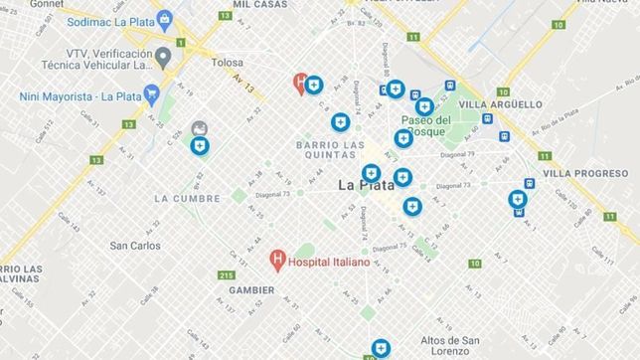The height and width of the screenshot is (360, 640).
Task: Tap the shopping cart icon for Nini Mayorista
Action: point(151,94)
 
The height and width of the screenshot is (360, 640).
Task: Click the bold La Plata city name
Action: point(369,184)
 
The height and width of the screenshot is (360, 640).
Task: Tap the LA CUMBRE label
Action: point(186,198)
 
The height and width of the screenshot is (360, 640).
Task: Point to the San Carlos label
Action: point(135,246)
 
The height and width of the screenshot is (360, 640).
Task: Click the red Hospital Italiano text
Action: point(329,263)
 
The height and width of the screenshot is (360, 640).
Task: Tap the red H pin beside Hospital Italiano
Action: point(278,262)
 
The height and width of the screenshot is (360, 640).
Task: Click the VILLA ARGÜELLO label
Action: point(501,103)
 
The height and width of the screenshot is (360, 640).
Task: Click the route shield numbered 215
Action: point(227,274)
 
